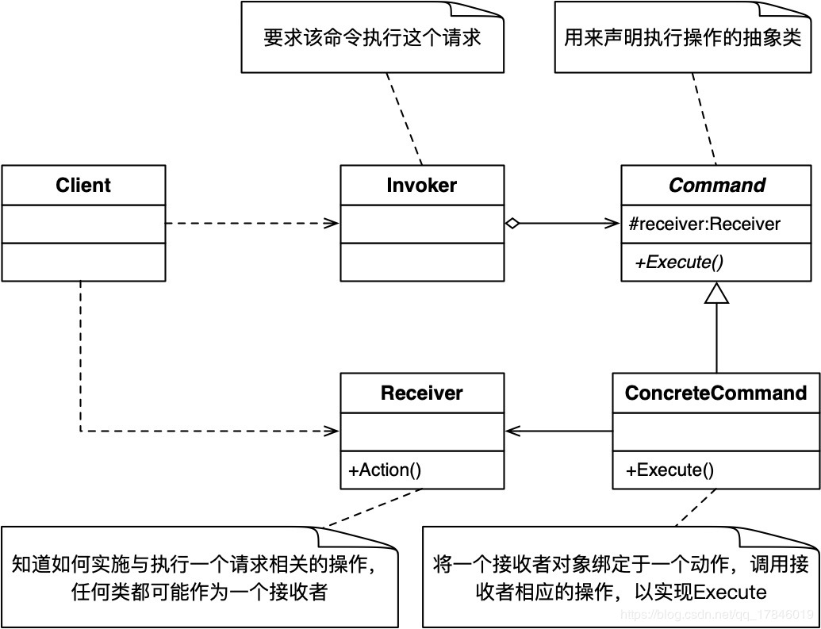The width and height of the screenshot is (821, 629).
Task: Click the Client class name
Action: [x=83, y=186]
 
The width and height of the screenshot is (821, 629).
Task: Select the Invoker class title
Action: [x=421, y=186]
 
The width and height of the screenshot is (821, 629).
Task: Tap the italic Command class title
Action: [x=717, y=186]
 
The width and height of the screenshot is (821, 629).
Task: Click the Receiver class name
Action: [x=421, y=393]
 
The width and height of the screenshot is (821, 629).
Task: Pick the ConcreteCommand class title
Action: [x=715, y=393]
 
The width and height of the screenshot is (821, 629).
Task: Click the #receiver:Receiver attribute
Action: [x=704, y=224]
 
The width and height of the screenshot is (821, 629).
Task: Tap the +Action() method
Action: [x=385, y=470]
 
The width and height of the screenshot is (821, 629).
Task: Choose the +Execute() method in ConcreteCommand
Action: [x=670, y=470]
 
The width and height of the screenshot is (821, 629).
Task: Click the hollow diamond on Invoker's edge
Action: [x=512, y=224]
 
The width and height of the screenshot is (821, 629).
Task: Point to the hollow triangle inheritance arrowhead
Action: [x=716, y=293]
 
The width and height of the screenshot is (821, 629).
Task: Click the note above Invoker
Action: [x=373, y=38]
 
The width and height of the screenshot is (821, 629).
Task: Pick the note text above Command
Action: [x=682, y=38]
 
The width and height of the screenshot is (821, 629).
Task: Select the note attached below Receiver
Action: [x=198, y=577]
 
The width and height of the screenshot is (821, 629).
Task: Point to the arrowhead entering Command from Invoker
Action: [x=615, y=224]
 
